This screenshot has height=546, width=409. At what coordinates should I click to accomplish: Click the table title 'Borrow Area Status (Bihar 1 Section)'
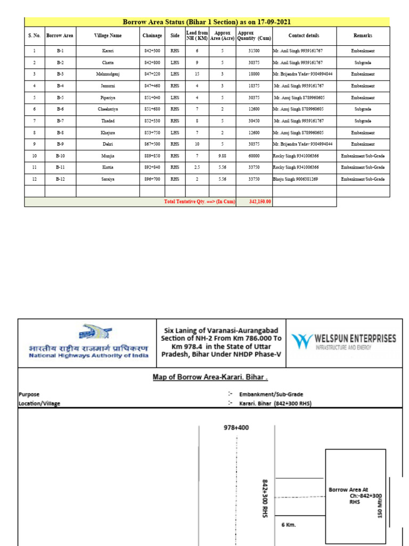[x=207, y=22]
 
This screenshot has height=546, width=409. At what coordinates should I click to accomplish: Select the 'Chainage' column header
[x=152, y=36]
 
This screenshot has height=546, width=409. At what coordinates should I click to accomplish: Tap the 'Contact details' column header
[x=304, y=36]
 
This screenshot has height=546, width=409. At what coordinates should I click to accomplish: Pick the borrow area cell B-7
[x=60, y=121]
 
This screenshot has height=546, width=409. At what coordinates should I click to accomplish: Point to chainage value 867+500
[x=152, y=144]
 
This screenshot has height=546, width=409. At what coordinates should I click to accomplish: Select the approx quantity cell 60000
[x=253, y=156]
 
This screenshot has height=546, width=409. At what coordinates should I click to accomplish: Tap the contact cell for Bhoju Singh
[x=295, y=180]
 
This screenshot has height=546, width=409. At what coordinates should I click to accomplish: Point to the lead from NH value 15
[x=197, y=74]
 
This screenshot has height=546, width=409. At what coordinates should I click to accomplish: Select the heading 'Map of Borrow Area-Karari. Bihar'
[x=210, y=378]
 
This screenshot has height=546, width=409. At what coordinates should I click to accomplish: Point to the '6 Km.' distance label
[x=289, y=525]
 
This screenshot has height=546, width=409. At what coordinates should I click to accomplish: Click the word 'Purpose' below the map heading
[x=29, y=395]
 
